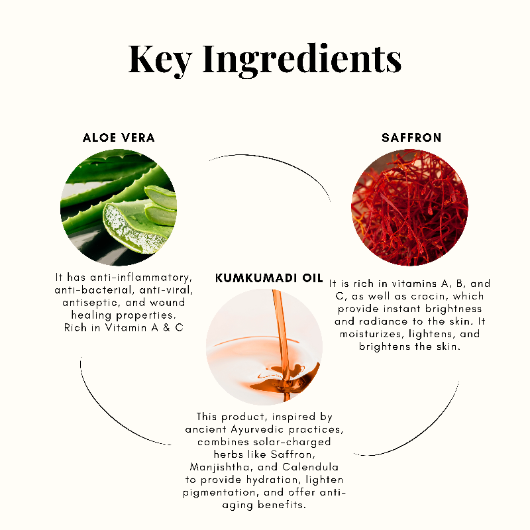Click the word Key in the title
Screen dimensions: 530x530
click(x=160, y=60)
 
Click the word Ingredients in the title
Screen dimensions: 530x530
click(x=302, y=60)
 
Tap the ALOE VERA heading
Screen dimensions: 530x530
click(x=119, y=138)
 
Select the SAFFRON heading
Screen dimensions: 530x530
click(x=411, y=138)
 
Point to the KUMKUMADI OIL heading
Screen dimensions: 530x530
click(x=269, y=278)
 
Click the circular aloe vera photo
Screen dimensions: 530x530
click(x=119, y=207)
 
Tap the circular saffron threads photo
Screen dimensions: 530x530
click(x=409, y=207)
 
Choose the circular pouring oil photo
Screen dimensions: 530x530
click(x=264, y=346)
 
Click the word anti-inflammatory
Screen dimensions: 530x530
click(x=141, y=278)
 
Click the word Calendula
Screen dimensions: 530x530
click(x=310, y=467)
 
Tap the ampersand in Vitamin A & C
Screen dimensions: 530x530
click(x=167, y=328)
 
